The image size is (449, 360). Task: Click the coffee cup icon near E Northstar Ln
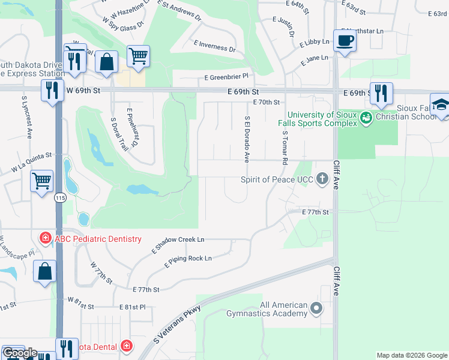[345, 41]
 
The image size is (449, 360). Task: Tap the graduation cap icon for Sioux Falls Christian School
[439, 105]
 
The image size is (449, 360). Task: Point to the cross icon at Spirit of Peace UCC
[322, 179]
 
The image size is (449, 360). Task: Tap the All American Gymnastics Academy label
[267, 309]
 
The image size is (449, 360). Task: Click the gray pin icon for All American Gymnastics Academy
[317, 308]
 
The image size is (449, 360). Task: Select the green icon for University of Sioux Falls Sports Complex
[365, 119]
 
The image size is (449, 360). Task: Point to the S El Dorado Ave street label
[246, 139]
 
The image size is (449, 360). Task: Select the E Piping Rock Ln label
[188, 259]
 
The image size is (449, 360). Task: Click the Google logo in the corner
[20, 353]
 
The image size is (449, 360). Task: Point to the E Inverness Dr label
[214, 46]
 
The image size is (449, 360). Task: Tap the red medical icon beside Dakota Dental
[126, 346]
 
